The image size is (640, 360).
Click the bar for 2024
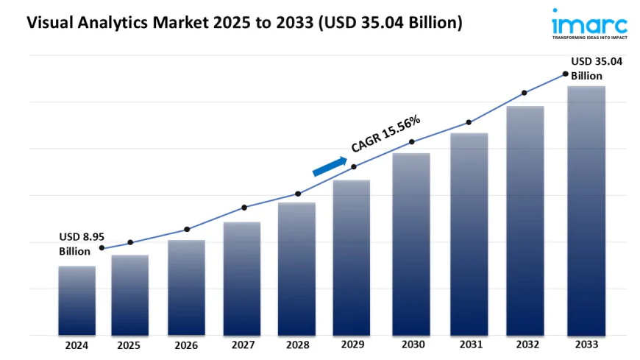click(x=77, y=300)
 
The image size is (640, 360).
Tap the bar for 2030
click(x=410, y=244)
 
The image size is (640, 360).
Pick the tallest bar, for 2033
click(x=586, y=211)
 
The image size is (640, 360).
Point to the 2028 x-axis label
click(x=296, y=345)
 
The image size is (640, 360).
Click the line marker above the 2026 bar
click(x=187, y=229)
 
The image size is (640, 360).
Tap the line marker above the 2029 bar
click(x=354, y=166)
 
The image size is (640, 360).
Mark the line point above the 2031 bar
click(x=469, y=122)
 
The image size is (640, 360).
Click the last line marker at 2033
click(x=565, y=74)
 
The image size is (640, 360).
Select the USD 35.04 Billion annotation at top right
click(x=597, y=68)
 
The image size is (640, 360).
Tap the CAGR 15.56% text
click(x=385, y=133)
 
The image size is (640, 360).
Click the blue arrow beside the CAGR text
click(x=330, y=167)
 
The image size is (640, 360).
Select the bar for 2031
click(x=469, y=234)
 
